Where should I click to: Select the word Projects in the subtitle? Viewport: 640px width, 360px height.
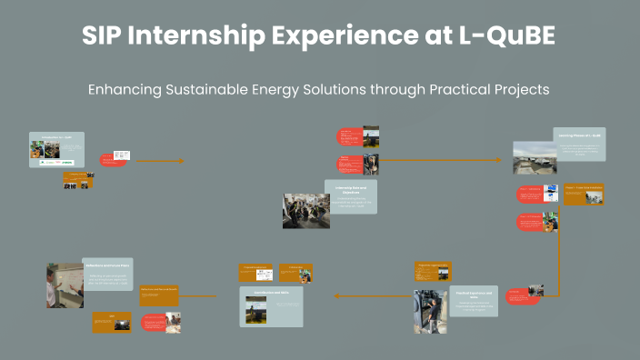tap(518, 90)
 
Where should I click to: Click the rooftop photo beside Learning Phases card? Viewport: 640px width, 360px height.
tap(535, 157)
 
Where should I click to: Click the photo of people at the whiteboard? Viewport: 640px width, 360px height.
tap(64, 285)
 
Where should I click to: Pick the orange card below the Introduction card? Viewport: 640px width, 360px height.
tap(77, 180)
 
